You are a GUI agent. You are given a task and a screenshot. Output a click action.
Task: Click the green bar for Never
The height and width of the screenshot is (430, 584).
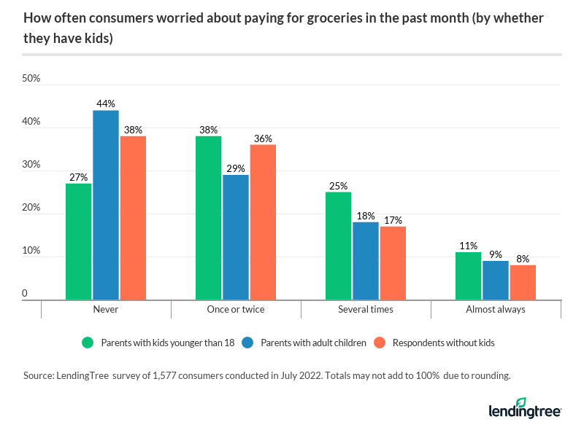pyautogui.click(x=78, y=241)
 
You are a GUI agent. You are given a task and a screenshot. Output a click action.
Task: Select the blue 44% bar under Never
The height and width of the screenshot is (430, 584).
pyautogui.click(x=105, y=205)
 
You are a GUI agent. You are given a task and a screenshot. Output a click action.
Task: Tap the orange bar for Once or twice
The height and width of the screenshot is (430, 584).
pyautogui.click(x=263, y=222)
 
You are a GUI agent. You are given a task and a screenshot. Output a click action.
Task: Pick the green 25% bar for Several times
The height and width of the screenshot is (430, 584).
pyautogui.click(x=338, y=246)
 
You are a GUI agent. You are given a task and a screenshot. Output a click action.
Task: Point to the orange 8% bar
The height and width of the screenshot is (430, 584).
pyautogui.click(x=523, y=282)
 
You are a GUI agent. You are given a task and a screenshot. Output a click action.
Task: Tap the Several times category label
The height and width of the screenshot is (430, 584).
pyautogui.click(x=366, y=309)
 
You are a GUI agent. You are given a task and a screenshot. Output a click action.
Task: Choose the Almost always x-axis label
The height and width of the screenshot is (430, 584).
pyautogui.click(x=496, y=309)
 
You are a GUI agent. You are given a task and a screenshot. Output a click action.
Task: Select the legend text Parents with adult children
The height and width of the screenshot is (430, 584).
pyautogui.click(x=315, y=343)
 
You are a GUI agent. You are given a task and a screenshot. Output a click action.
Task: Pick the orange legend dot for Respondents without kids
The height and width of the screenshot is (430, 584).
pyautogui.click(x=379, y=343)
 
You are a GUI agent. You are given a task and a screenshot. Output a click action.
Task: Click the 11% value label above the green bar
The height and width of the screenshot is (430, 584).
pyautogui.click(x=468, y=246)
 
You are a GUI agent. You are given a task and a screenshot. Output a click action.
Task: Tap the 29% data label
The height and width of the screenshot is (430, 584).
pyautogui.click(x=236, y=168)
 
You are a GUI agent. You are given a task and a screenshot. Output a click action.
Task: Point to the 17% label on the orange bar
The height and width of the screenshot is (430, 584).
pyautogui.click(x=393, y=220)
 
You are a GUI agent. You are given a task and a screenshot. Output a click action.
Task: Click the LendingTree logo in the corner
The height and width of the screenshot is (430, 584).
pyautogui.click(x=524, y=408)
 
